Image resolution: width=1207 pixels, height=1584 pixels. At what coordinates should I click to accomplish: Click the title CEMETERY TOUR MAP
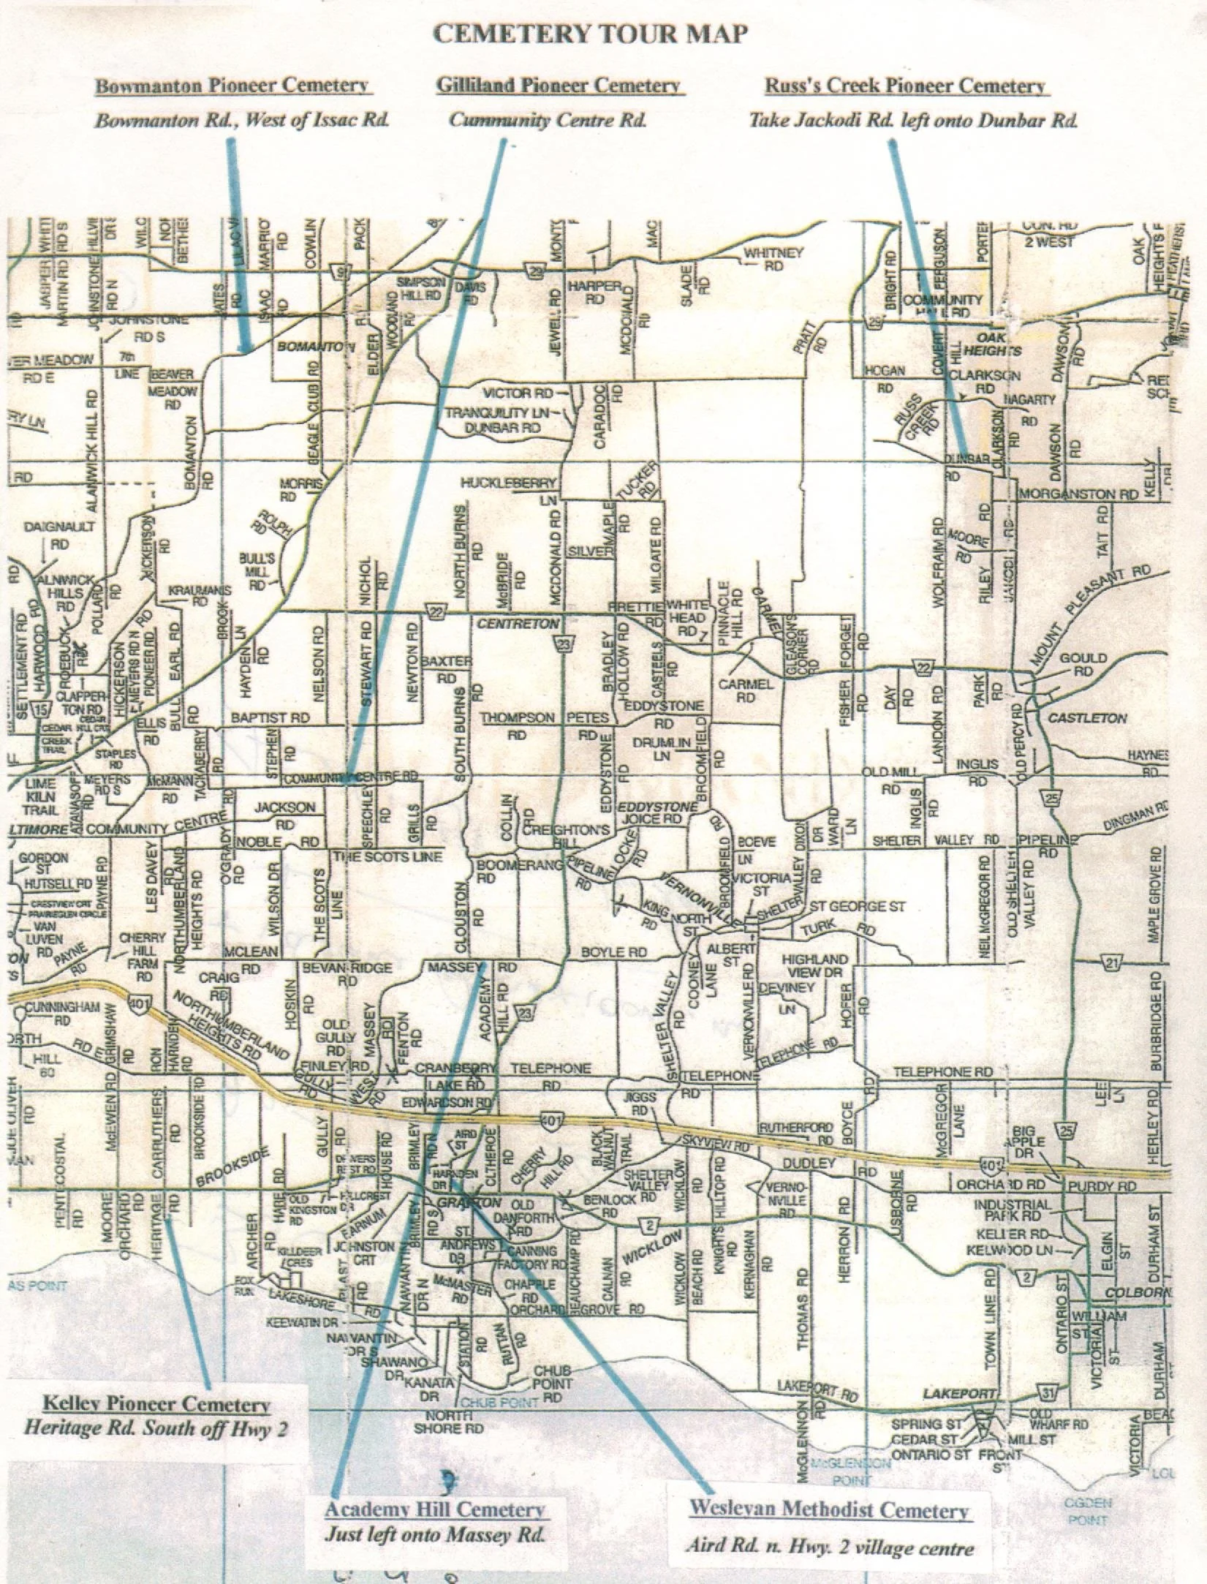point(590,34)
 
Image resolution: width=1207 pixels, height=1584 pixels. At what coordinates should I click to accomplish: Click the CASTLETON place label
point(1088,718)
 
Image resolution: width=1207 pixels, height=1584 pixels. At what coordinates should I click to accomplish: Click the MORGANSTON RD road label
point(1078,494)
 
